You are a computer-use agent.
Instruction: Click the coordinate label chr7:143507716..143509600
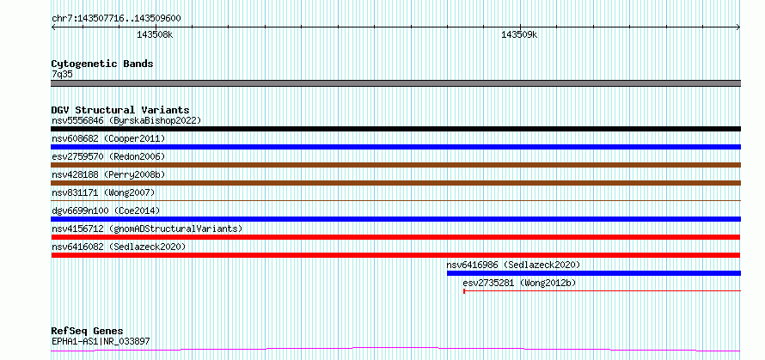pyautogui.click(x=117, y=19)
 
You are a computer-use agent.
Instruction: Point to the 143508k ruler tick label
pyautogui.click(x=155, y=34)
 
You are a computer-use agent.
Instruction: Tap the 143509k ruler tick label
pyautogui.click(x=519, y=34)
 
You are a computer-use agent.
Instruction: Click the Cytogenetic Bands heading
pyautogui.click(x=102, y=64)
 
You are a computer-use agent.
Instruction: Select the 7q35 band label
pyautogui.click(x=62, y=75)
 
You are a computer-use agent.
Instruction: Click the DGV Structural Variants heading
pyautogui.click(x=120, y=110)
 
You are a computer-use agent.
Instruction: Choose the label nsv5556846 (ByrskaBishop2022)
pyautogui.click(x=126, y=120)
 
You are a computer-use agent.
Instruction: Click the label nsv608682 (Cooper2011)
pyautogui.click(x=108, y=138)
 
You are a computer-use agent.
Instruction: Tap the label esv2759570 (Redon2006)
pyautogui.click(x=108, y=156)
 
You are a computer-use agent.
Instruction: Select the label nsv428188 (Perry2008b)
pyautogui.click(x=108, y=174)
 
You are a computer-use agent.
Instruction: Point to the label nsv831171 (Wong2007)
pyautogui.click(x=103, y=192)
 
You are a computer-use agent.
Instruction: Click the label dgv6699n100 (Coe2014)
pyautogui.click(x=106, y=211)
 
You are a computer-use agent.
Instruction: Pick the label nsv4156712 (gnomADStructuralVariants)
pyautogui.click(x=147, y=229)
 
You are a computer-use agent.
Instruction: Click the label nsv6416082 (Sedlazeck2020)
pyautogui.click(x=119, y=247)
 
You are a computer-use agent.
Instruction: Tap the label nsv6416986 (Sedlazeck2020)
pyautogui.click(x=513, y=265)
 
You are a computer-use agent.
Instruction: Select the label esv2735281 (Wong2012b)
pyautogui.click(x=519, y=283)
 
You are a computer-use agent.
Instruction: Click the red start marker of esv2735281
pyautogui.click(x=464, y=291)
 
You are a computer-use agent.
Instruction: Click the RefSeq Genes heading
pyautogui.click(x=87, y=332)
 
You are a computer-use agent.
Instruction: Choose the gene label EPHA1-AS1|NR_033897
pyautogui.click(x=101, y=341)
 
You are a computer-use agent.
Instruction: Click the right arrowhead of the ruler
pyautogui.click(x=739, y=27)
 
